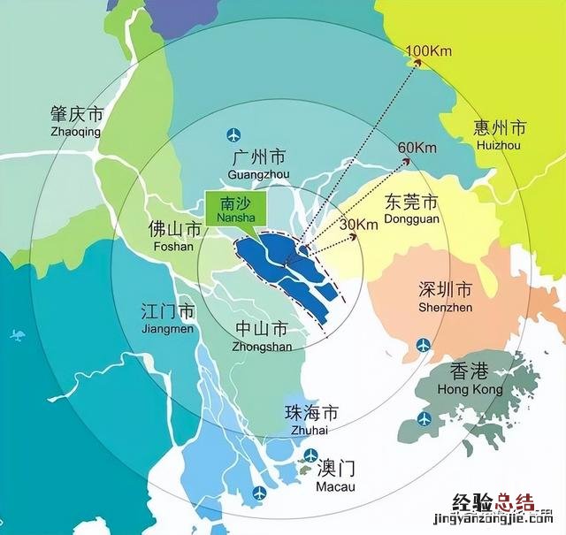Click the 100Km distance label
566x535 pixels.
429,50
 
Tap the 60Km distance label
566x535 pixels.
418,147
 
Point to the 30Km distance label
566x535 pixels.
360,225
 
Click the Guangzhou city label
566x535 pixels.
258,164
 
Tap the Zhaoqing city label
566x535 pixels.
76,122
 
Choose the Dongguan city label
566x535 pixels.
412,208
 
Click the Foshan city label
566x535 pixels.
172,236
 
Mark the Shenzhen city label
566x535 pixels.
445,297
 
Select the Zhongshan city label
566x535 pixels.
263,336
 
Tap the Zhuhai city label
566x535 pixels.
310,420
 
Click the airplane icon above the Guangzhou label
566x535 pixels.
233,135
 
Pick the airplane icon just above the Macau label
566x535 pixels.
310,455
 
